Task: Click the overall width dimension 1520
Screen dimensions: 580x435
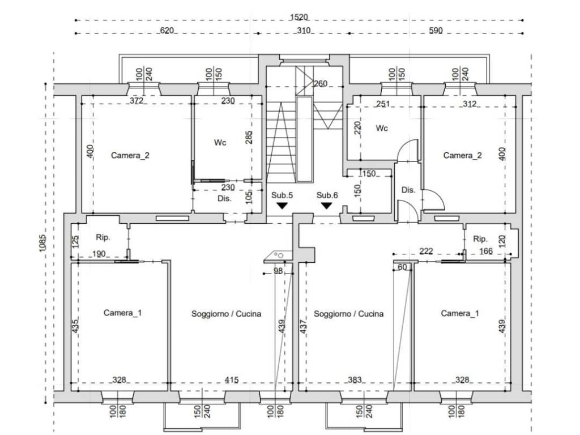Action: point(299,17)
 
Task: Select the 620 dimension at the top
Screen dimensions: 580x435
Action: point(167,31)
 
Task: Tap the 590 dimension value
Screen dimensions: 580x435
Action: point(436,31)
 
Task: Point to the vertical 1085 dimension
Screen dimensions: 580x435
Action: point(42,244)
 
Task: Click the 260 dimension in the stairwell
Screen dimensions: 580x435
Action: point(321,84)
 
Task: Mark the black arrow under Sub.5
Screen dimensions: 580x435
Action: point(282,206)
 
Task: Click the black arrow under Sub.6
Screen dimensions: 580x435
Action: point(326,206)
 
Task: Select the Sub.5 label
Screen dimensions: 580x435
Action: point(282,195)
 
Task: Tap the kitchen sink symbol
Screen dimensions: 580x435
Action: point(278,255)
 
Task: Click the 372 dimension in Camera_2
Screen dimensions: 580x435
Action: point(137,100)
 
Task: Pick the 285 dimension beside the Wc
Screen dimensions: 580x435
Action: point(249,137)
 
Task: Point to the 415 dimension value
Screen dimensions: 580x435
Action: point(232,380)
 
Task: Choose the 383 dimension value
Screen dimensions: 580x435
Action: point(355,380)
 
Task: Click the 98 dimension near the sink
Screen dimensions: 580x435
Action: point(278,271)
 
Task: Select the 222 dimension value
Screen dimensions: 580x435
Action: point(426,251)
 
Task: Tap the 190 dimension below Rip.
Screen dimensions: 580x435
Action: point(99,254)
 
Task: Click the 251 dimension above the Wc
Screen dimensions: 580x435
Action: point(383,104)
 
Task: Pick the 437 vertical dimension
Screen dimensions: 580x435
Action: point(302,326)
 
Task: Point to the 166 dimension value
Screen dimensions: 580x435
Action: point(486,251)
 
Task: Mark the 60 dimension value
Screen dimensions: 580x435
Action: point(402,267)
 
